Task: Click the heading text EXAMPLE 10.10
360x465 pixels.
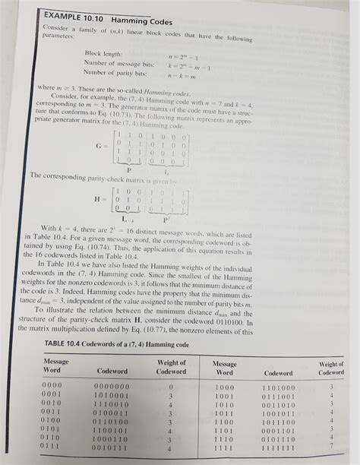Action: click(52, 14)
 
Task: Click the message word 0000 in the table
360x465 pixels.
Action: click(52, 387)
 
